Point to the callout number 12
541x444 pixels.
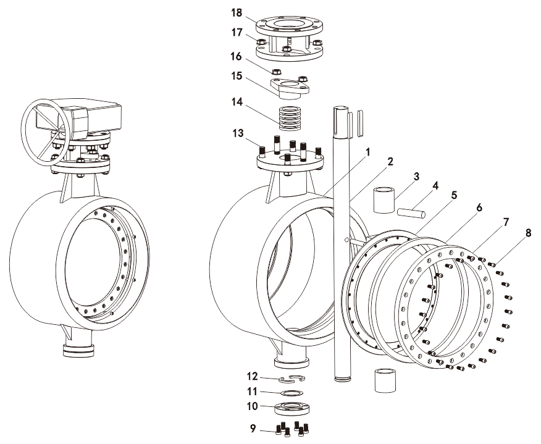(x=252, y=376)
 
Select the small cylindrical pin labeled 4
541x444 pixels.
(x=411, y=214)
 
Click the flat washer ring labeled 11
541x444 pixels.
(x=291, y=393)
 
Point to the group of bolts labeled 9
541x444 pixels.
(x=292, y=428)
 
